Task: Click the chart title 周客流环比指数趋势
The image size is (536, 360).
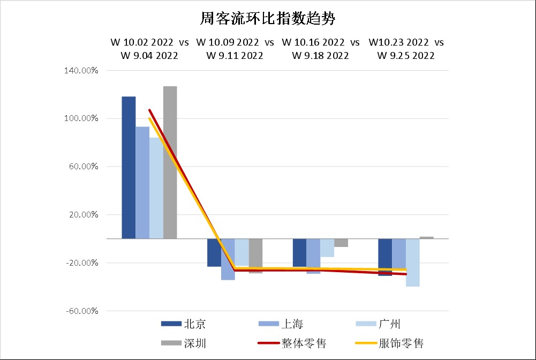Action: pyautogui.click(x=267, y=19)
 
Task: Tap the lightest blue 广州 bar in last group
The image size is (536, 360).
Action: pyautogui.click(x=412, y=262)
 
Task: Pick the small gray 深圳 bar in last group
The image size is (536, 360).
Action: pyautogui.click(x=427, y=237)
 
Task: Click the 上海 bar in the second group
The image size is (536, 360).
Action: pyautogui.click(x=228, y=259)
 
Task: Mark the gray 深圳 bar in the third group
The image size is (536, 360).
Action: pyautogui.click(x=341, y=243)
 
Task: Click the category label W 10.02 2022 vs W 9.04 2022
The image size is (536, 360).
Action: pyautogui.click(x=149, y=49)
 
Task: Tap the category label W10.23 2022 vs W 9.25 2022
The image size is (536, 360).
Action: pyautogui.click(x=406, y=49)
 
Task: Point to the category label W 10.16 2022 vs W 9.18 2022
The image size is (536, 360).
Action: pyautogui.click(x=320, y=49)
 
